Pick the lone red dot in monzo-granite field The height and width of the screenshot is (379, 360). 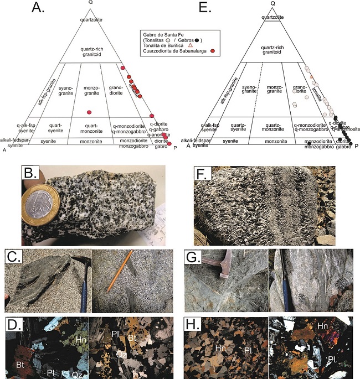(89, 112)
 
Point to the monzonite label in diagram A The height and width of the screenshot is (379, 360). (90, 142)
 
